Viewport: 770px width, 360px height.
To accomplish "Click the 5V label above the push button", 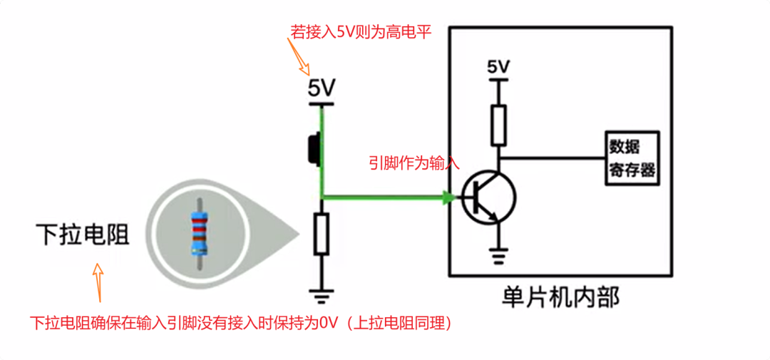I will point(321,89).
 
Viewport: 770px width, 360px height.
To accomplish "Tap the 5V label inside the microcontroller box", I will point(498,67).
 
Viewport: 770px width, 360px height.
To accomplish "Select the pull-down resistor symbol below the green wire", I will point(322,234).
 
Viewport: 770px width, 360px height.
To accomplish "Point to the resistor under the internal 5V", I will point(498,124).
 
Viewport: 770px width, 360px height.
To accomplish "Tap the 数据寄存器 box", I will point(630,159).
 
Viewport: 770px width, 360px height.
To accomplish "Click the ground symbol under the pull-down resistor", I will point(322,292).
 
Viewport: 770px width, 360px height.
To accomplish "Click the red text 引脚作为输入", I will point(414,163).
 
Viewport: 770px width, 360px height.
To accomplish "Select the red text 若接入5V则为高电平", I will point(360,32).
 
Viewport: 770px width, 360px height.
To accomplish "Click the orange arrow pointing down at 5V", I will point(299,56).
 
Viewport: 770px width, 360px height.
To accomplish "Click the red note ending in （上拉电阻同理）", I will point(242,323).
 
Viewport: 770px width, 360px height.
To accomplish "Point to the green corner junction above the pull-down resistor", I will point(322,197).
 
